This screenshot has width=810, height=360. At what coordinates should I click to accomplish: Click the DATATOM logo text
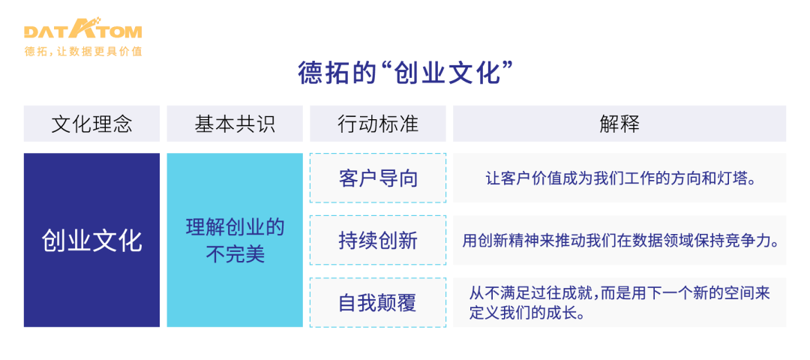pos(82,31)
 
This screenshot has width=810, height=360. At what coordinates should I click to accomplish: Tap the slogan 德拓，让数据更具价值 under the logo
pos(82,51)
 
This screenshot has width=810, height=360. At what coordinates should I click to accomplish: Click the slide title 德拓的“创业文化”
pos(405,74)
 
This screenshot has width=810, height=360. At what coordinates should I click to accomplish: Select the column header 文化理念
pos(91,124)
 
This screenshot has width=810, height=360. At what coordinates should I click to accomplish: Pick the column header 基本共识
pos(235,124)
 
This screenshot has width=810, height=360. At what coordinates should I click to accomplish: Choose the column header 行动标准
pos(378,124)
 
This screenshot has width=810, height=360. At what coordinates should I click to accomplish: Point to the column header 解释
pos(619,124)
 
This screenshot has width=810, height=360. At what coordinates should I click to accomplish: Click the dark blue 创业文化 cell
pos(91,241)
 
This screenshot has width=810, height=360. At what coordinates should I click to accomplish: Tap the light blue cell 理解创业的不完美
pos(235,241)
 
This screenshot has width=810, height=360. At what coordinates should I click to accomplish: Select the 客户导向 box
pos(378,178)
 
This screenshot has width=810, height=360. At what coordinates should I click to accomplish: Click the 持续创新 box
pos(378,241)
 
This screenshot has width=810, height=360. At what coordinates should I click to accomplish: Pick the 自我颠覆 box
pos(378,303)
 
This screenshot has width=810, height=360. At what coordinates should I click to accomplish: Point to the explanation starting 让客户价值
pos(619,178)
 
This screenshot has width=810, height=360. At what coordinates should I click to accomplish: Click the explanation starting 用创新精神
pos(619,241)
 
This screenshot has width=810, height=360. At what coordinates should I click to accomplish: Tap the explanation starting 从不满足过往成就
pos(619,302)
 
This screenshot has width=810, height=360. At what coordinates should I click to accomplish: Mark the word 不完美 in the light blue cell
pos(235,255)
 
